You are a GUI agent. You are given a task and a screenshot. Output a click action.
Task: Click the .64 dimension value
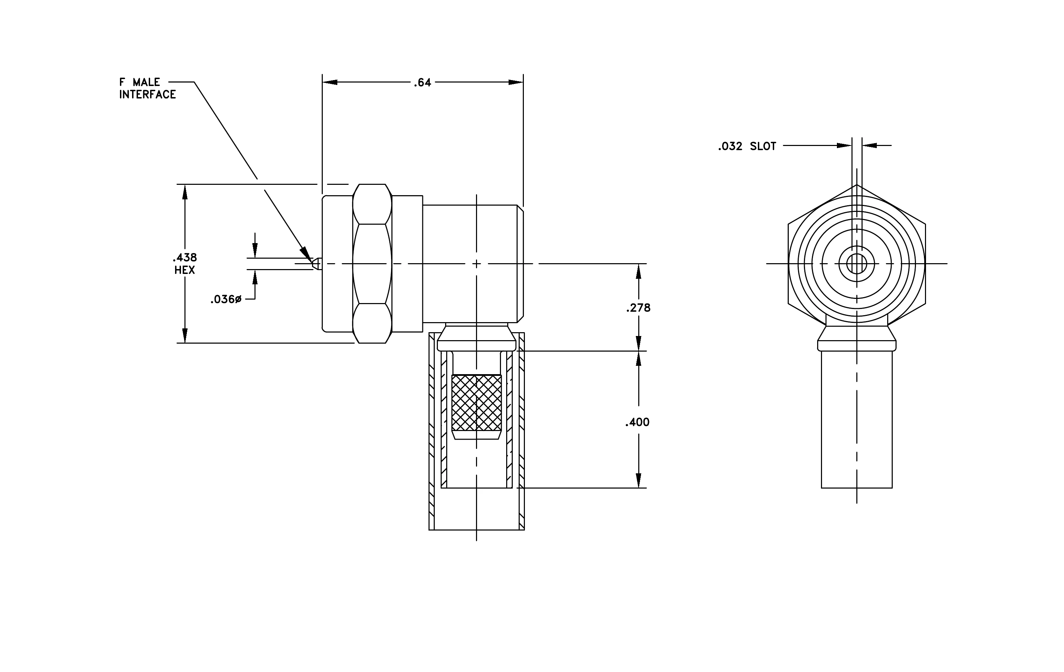[422, 83]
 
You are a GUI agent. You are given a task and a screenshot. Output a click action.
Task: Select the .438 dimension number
[185, 257]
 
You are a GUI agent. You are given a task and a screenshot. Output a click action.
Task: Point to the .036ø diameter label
[226, 300]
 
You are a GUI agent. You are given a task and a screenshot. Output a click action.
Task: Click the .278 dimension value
[638, 308]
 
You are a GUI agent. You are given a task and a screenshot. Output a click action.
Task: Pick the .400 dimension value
[637, 422]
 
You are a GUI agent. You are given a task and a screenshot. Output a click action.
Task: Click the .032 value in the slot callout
[730, 146]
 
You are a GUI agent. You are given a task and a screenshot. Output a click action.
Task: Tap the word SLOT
[763, 146]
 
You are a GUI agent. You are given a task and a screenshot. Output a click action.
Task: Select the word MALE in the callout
[146, 82]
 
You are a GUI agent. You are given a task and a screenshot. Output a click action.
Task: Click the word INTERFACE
[148, 95]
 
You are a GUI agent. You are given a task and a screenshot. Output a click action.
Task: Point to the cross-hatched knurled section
[477, 403]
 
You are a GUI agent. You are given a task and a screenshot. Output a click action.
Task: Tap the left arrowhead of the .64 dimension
[330, 82]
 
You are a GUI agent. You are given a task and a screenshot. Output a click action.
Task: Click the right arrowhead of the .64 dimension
[516, 82]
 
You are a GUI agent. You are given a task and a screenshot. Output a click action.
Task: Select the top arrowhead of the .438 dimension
[185, 192]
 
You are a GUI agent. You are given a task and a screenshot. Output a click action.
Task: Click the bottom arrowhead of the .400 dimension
[638, 480]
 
